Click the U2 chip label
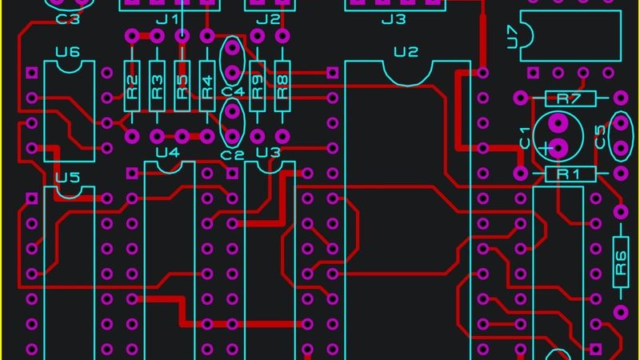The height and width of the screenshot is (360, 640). pos(406,53)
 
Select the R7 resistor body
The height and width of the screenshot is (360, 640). pos(568,99)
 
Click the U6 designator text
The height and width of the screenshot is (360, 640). pos(68,53)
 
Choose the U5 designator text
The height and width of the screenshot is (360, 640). pos(67,177)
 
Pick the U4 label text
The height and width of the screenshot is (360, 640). pos(167,153)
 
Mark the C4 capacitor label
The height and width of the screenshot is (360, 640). pos(232,93)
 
